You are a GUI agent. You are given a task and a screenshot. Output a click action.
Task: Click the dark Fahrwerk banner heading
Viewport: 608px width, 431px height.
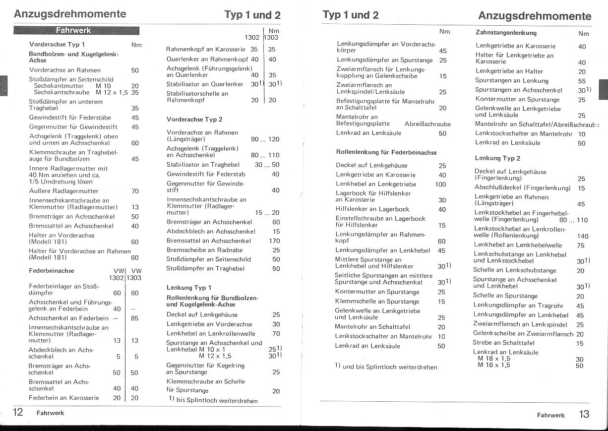tap(73, 30)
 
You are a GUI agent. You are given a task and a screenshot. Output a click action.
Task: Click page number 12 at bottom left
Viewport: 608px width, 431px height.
tap(18, 412)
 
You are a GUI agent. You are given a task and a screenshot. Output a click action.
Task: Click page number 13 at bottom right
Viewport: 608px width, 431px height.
tap(584, 414)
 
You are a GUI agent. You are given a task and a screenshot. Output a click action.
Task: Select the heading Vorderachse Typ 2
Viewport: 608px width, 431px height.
tap(194, 120)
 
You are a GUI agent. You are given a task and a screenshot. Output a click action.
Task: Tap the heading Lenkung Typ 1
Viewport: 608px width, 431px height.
tap(189, 288)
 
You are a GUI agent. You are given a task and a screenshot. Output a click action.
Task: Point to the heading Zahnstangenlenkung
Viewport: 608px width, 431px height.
tap(506, 33)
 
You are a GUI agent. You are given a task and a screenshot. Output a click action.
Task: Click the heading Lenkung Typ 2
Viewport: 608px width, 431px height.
tap(497, 158)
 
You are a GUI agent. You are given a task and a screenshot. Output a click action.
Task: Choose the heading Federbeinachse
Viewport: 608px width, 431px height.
tap(52, 271)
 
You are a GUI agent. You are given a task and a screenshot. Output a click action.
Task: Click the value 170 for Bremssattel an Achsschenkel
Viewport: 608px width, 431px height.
tap(274, 241)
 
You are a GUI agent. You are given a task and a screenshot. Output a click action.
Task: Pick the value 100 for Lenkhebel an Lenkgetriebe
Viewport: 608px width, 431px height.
tap(440, 184)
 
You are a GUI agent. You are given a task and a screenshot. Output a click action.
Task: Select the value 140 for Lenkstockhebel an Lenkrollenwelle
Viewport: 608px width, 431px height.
tap(583, 236)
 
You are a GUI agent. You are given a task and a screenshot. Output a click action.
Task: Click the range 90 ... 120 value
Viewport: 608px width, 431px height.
tap(265, 139)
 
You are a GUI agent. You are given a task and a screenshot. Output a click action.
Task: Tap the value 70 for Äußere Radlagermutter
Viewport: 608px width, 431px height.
tap(135, 191)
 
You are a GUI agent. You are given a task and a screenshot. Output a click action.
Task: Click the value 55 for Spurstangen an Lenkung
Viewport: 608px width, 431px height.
tap(582, 81)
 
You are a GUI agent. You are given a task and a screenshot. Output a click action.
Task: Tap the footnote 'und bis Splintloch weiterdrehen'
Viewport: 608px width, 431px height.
tap(390, 367)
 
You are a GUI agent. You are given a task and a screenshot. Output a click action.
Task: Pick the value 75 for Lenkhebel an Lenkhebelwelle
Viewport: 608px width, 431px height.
tap(581, 245)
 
